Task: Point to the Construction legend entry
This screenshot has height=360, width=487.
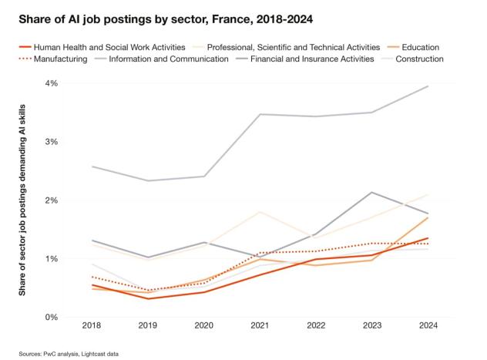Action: [418, 59]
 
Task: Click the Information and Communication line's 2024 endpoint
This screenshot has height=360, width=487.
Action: [428, 86]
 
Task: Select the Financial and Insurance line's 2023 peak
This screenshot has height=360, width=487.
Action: [372, 192]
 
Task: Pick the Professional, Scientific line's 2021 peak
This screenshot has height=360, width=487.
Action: [260, 211]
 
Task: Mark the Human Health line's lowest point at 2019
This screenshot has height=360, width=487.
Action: [147, 298]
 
